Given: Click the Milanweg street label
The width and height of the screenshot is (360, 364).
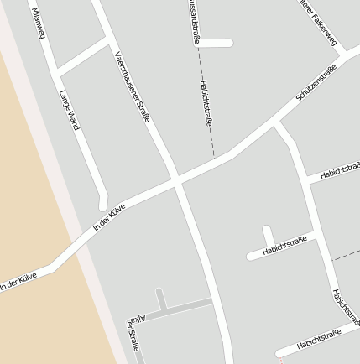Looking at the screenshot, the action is [38, 23].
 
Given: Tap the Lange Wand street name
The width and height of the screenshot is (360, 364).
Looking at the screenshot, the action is [69, 109].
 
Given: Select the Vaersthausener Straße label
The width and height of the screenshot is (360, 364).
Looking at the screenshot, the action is [132, 86].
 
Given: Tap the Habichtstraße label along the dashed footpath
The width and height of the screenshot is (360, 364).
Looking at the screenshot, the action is [206, 104].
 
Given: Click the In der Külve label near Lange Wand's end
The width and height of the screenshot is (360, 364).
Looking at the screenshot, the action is [109, 216].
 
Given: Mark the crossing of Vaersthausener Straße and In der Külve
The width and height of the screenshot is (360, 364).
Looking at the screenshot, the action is [176, 179].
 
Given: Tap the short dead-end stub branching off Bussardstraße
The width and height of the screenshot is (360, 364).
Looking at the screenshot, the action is [216, 43].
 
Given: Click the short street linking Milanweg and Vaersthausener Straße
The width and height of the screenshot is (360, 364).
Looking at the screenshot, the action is [82, 55].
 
